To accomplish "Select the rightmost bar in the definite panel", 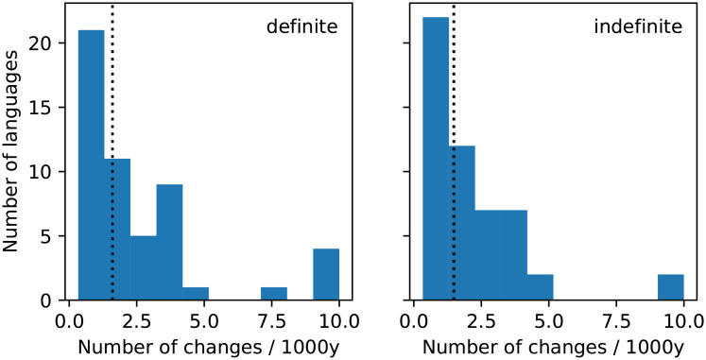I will click(326, 275).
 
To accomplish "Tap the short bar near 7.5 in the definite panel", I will click(273, 294).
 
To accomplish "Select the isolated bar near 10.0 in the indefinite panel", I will click(671, 287).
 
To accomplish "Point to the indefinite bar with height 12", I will click(462, 223).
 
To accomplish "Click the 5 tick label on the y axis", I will click(45, 236).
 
